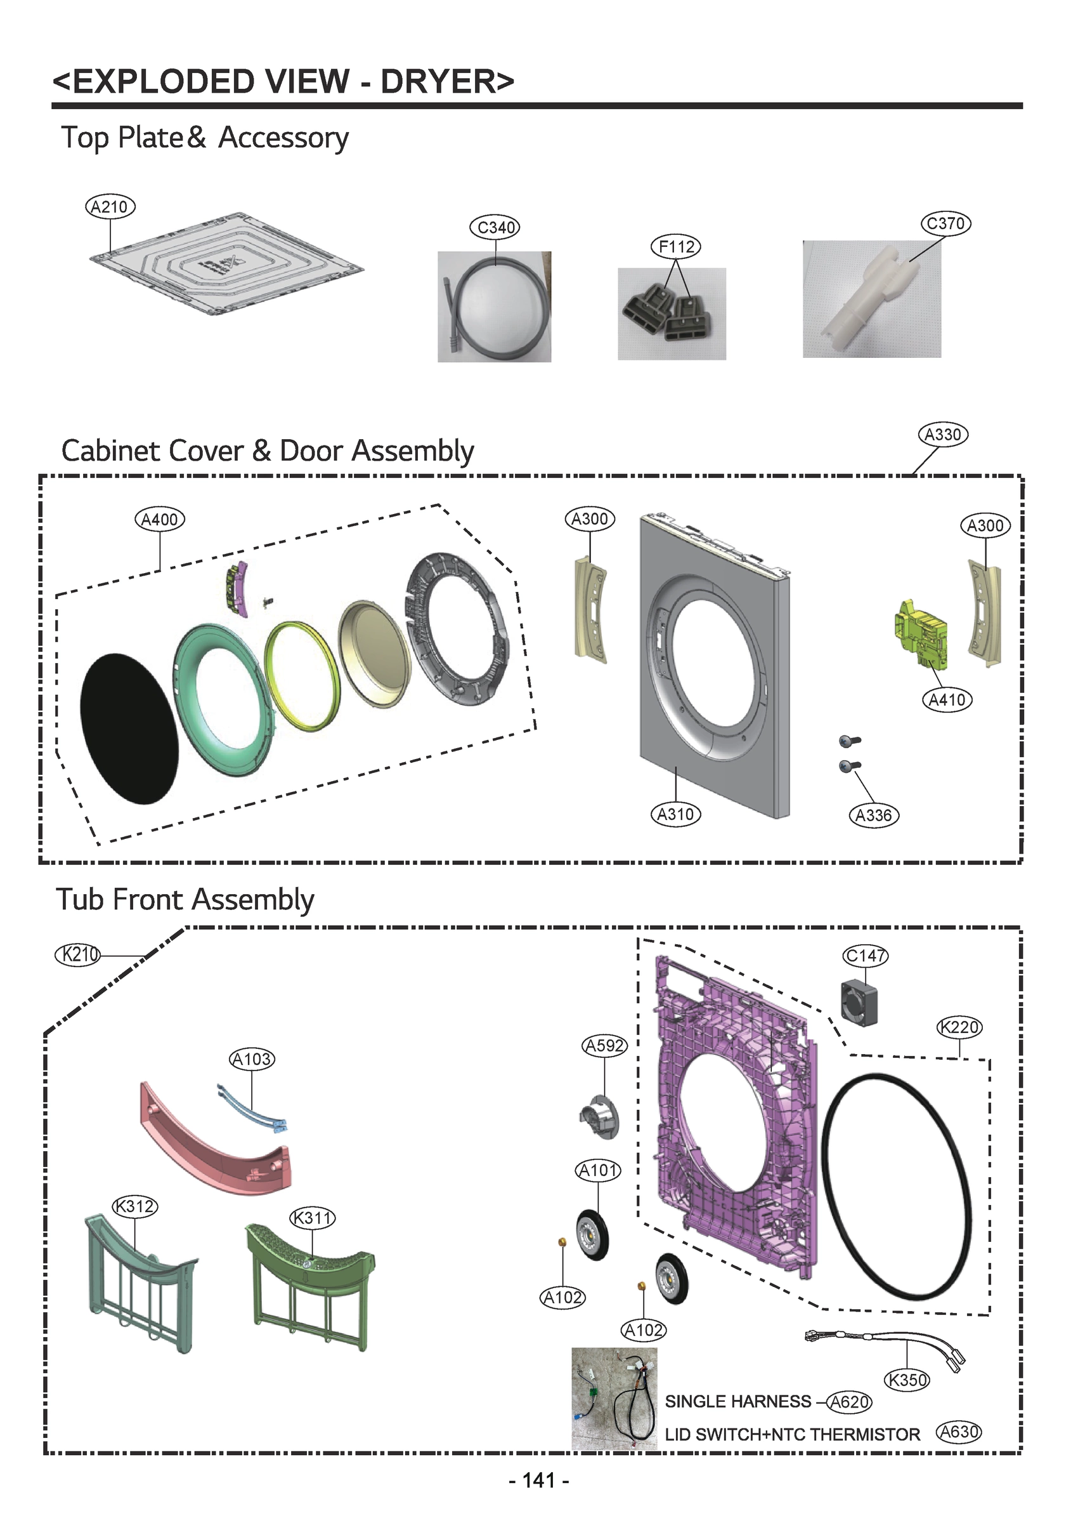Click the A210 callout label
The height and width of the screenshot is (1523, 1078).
[110, 208]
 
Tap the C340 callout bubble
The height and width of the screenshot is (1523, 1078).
[495, 228]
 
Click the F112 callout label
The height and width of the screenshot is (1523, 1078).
[676, 247]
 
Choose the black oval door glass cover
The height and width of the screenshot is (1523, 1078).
[129, 729]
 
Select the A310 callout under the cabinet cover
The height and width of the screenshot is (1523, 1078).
[675, 814]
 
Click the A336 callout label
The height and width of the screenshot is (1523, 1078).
[874, 815]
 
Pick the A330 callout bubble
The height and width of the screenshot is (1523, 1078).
[942, 435]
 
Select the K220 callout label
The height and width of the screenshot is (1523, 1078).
[959, 1027]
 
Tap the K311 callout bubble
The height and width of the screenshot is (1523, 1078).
[313, 1218]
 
